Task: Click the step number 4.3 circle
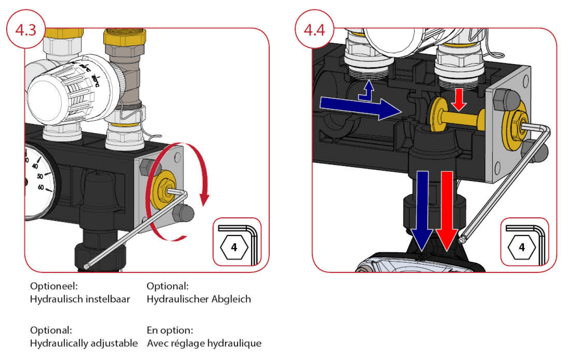click(x=25, y=30)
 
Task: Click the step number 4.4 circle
click(x=314, y=30)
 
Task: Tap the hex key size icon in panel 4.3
click(x=237, y=242)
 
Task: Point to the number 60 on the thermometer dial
click(x=41, y=187)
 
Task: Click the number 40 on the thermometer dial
click(x=35, y=166)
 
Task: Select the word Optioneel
click(x=54, y=286)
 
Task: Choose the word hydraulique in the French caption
click(x=237, y=343)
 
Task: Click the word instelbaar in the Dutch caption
click(x=110, y=300)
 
